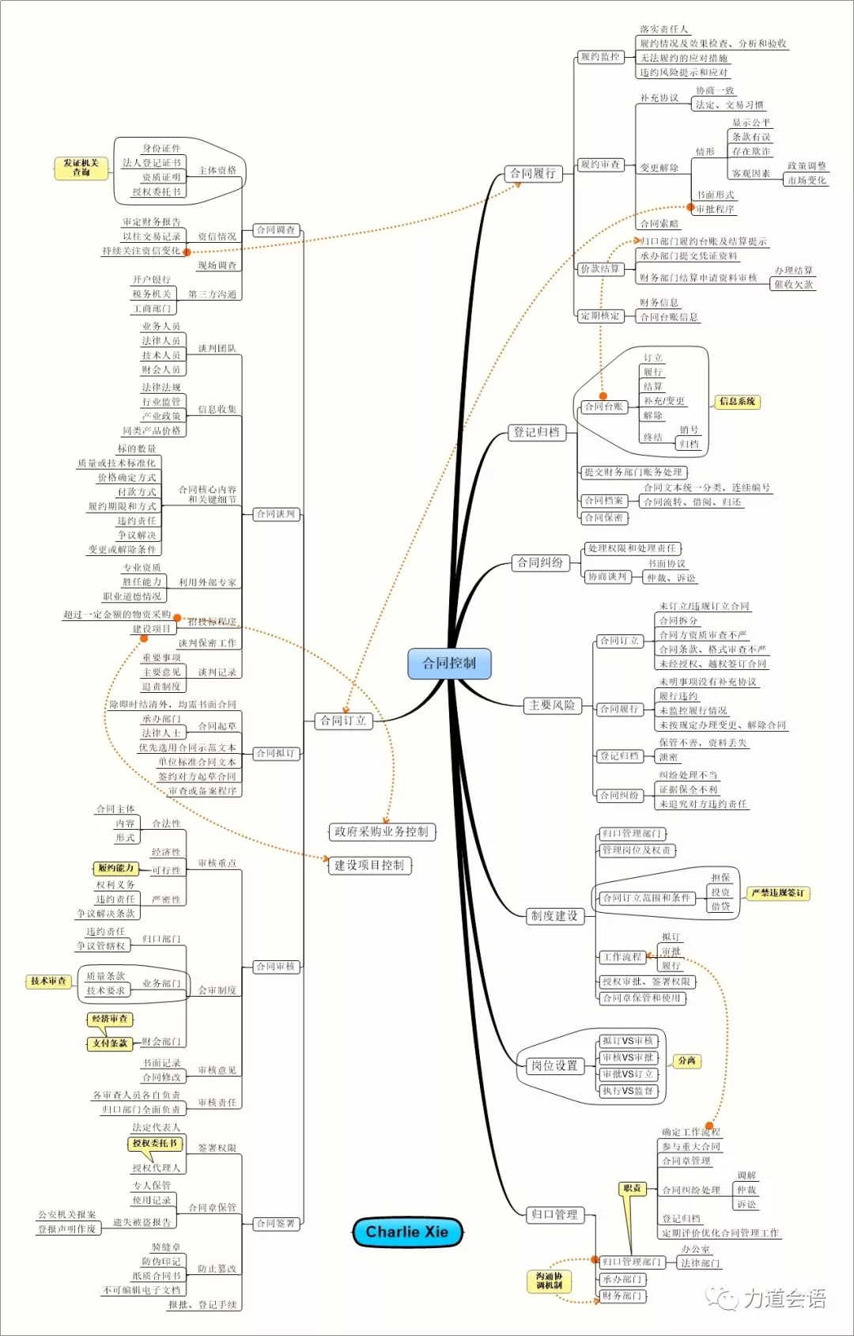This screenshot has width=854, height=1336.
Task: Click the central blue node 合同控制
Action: point(449,664)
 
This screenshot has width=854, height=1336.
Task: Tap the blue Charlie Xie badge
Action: point(407,1232)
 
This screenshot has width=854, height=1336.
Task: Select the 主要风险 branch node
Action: point(552,706)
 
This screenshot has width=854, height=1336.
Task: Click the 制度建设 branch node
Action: point(554,916)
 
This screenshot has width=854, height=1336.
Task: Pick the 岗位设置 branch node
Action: point(554,1065)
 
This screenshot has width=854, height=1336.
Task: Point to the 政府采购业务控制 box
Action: point(381,831)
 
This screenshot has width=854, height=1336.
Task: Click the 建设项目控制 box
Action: point(369,865)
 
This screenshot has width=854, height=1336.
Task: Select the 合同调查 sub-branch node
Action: point(276,230)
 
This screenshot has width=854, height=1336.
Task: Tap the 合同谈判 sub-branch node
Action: point(276,514)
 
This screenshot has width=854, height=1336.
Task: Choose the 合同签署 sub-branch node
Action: point(276,1224)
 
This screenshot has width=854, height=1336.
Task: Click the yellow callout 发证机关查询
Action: point(81,168)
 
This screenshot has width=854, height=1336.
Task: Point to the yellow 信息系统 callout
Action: point(737,402)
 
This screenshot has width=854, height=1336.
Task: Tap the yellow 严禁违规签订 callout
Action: point(778,893)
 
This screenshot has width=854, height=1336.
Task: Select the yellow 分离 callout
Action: point(686,1061)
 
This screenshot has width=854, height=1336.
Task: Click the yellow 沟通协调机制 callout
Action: point(549,1281)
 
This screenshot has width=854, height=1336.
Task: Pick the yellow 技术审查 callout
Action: point(48,982)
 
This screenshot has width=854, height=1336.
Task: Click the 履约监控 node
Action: point(600,57)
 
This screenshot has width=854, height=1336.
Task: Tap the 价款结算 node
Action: point(600,269)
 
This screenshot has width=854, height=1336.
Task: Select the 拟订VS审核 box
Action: point(628,1041)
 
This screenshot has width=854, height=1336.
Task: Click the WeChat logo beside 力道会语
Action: point(721,1298)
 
